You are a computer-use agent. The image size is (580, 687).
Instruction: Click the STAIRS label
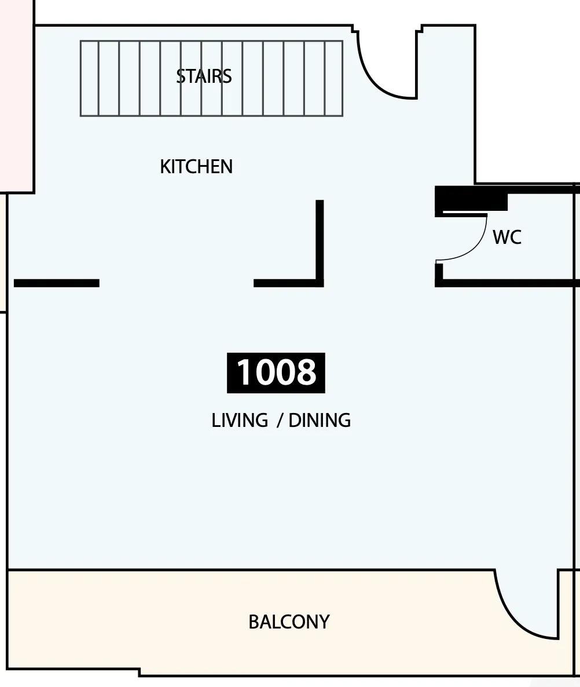(x=204, y=76)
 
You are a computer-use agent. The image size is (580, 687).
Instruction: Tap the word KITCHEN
(x=196, y=166)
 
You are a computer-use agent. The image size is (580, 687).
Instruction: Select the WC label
(x=507, y=237)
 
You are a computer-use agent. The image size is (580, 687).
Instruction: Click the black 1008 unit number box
(x=276, y=372)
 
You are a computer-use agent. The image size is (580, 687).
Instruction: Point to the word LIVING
(x=240, y=420)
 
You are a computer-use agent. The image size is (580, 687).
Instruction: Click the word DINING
(x=320, y=420)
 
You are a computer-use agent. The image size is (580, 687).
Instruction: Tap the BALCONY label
(x=289, y=622)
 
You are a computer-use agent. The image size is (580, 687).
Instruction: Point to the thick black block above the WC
(x=471, y=199)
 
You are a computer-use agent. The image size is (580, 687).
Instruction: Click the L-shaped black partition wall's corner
(x=320, y=283)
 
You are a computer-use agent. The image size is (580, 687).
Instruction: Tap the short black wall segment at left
(x=57, y=283)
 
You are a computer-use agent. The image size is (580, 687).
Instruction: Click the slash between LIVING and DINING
(x=279, y=421)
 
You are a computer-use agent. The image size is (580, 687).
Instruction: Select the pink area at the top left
(x=16, y=96)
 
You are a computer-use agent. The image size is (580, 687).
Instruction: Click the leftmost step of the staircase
(x=90, y=78)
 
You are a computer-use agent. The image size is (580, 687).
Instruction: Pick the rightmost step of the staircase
(x=333, y=78)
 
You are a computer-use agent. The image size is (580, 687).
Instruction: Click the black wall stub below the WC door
(x=439, y=274)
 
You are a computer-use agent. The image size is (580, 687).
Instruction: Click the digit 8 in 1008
(x=305, y=372)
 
